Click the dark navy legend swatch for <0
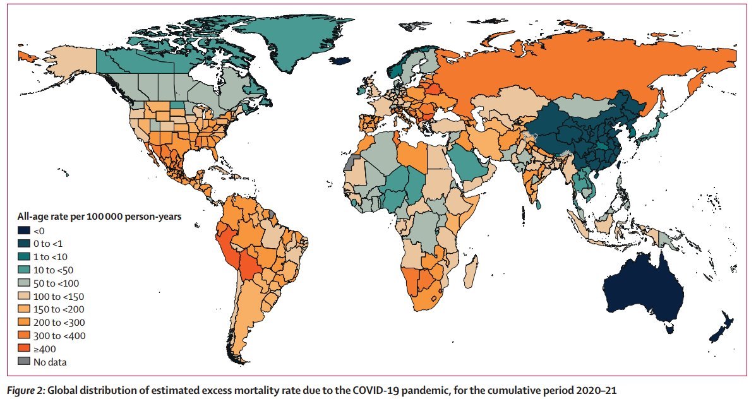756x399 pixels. [x=23, y=230]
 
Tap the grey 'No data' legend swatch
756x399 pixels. [x=23, y=362]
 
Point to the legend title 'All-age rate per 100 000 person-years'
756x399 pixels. [x=99, y=216]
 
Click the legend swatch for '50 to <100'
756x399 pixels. [x=23, y=283]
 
